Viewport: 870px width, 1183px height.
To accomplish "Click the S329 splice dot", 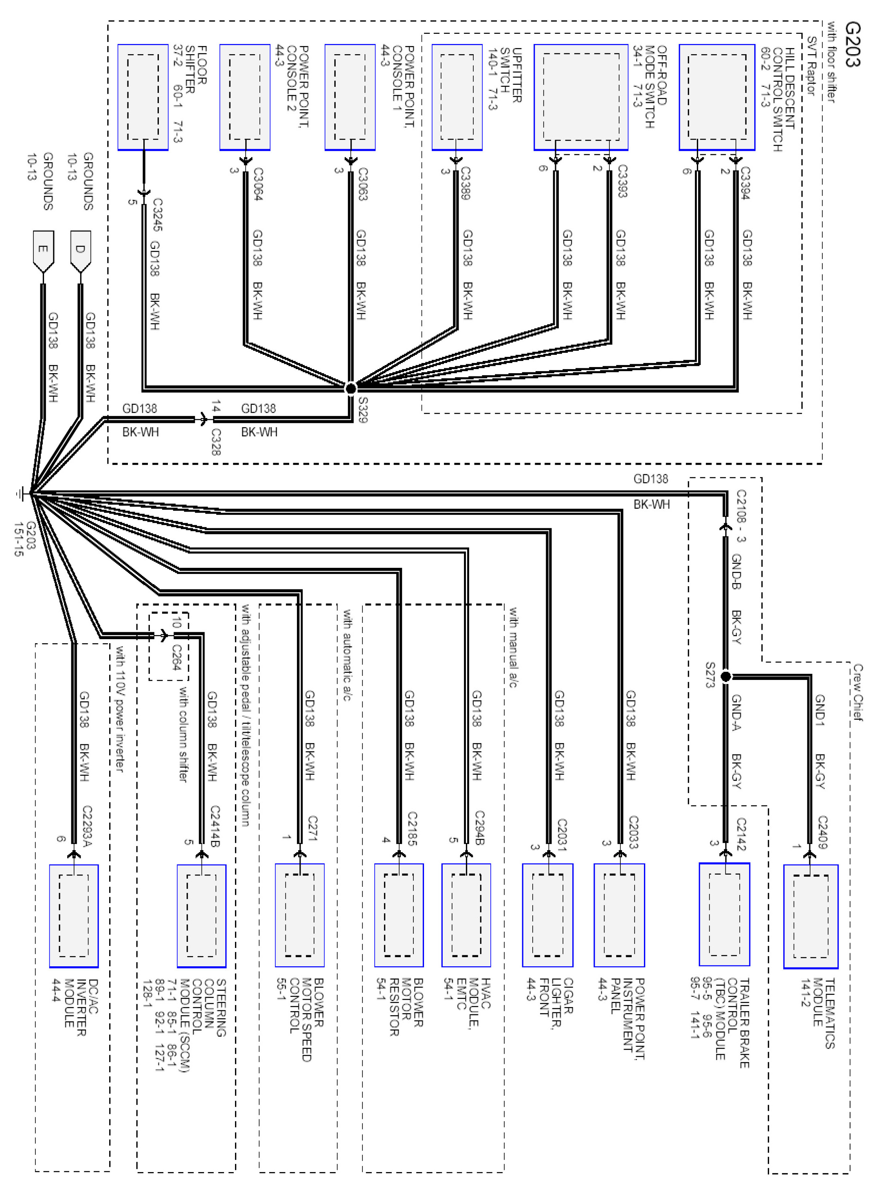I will pyautogui.click(x=351, y=388).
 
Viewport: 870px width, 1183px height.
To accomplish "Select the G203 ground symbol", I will pyautogui.click(x=21, y=494).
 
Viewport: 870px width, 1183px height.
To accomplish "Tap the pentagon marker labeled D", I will pyautogui.click(x=80, y=251).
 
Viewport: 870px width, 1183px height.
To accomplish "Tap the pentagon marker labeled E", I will pyautogui.click(x=43, y=251).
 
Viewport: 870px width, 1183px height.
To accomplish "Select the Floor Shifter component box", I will pyautogui.click(x=143, y=97).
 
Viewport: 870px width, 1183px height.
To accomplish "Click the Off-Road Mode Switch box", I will pyautogui.click(x=581, y=97).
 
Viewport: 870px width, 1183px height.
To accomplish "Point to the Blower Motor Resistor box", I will pyautogui.click(x=399, y=915).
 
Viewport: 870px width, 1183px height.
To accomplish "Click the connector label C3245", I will pyautogui.click(x=157, y=215).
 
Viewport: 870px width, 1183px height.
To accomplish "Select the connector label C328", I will pyautogui.click(x=215, y=442).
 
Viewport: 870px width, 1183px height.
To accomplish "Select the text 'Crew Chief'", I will pyautogui.click(x=858, y=692).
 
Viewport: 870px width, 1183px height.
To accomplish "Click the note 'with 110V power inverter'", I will pyautogui.click(x=120, y=709).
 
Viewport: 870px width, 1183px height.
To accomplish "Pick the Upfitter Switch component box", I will pyautogui.click(x=457, y=97).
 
